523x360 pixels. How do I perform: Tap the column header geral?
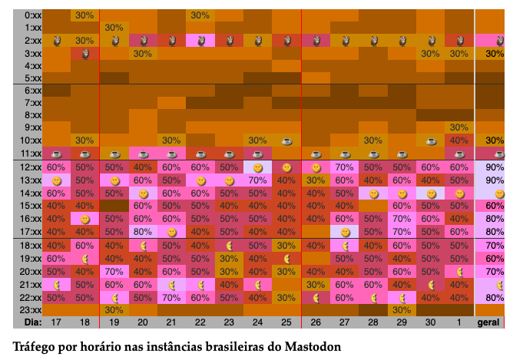coord(489,323)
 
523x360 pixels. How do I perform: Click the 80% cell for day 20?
coord(142,231)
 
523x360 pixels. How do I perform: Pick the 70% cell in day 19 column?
coord(113,271)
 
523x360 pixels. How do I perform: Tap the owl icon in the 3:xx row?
coord(84,53)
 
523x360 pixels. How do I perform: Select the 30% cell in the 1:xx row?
coord(113,28)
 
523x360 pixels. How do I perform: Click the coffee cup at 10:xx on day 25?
coord(286,140)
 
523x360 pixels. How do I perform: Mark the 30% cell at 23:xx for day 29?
coord(401,309)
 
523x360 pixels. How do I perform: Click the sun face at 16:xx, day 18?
coord(84,219)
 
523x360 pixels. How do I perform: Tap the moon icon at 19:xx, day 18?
coord(84,259)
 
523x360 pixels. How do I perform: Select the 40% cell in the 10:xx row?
coord(458,140)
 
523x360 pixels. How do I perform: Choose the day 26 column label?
coord(315,323)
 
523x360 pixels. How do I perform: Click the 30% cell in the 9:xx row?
coord(458,127)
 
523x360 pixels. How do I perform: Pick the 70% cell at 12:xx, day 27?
coord(343,167)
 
